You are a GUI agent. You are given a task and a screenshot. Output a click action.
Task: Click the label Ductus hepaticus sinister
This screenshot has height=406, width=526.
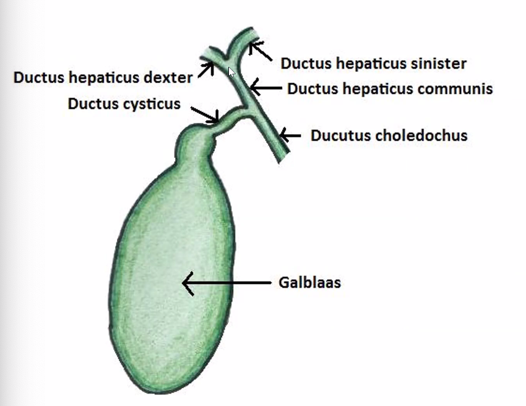(373, 63)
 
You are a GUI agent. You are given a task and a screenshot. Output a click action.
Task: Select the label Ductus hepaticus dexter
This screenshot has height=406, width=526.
(103, 77)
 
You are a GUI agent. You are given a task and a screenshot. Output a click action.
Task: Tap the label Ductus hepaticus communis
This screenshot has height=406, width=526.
(390, 89)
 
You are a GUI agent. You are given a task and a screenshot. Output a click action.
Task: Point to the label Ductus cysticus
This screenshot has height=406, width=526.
(124, 103)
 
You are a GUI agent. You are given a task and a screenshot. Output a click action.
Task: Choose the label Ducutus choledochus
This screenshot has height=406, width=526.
(389, 135)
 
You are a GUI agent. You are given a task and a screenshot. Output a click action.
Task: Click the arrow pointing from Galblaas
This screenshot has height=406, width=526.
(226, 283)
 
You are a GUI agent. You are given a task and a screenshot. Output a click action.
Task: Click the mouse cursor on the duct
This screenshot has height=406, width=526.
(231, 72)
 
